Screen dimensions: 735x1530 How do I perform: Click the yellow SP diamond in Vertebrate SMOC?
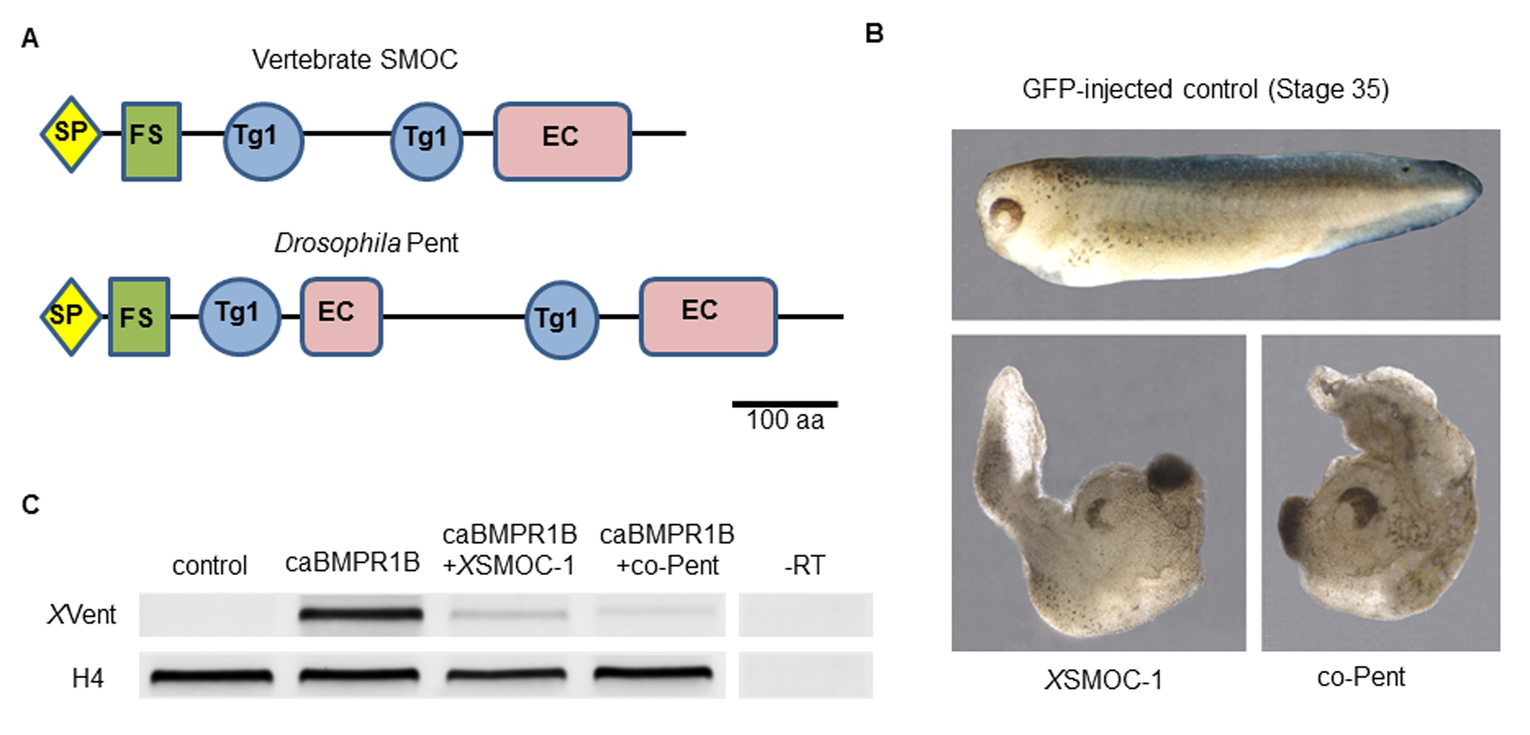tap(71, 134)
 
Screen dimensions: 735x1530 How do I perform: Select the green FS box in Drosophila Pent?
tap(139, 316)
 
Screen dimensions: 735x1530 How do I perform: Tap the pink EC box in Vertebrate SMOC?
tap(562, 141)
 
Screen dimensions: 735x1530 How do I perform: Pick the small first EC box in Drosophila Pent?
tap(341, 316)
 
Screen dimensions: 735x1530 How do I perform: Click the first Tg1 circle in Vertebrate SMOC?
tap(263, 141)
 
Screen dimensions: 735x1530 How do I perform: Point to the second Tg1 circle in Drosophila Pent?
tap(561, 320)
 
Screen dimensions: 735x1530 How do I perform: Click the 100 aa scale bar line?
tap(785, 404)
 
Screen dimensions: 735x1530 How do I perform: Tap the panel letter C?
tap(30, 504)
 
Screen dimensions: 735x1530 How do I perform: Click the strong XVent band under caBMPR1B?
tap(361, 614)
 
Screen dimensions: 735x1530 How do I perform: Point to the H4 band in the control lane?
tap(211, 676)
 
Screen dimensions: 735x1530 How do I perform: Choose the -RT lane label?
tap(804, 565)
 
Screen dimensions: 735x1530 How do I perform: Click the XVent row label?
tap(82, 615)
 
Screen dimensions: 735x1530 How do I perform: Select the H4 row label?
tap(88, 678)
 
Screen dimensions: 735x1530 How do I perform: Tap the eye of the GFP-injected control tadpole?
tap(1004, 213)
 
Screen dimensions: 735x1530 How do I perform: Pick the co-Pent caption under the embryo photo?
tap(1361, 677)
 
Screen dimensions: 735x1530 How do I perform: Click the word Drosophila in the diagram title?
tap(337, 244)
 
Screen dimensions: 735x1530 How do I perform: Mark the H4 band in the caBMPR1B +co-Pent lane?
tap(652, 673)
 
